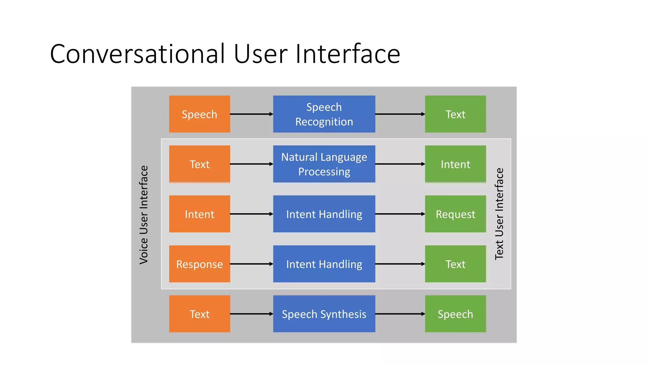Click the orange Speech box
199,114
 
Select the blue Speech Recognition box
324,114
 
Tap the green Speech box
455,314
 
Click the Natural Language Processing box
324,164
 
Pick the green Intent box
455,164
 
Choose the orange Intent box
199,214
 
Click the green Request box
455,214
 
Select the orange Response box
199,264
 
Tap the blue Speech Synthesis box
324,314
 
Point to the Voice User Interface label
144,215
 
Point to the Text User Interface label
499,214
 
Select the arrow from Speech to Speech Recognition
252,114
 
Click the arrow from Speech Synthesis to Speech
400,314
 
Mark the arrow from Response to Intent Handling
252,264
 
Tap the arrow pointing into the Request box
400,214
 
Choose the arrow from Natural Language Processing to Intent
400,164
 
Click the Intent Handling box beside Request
324,214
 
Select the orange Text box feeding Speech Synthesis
199,314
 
